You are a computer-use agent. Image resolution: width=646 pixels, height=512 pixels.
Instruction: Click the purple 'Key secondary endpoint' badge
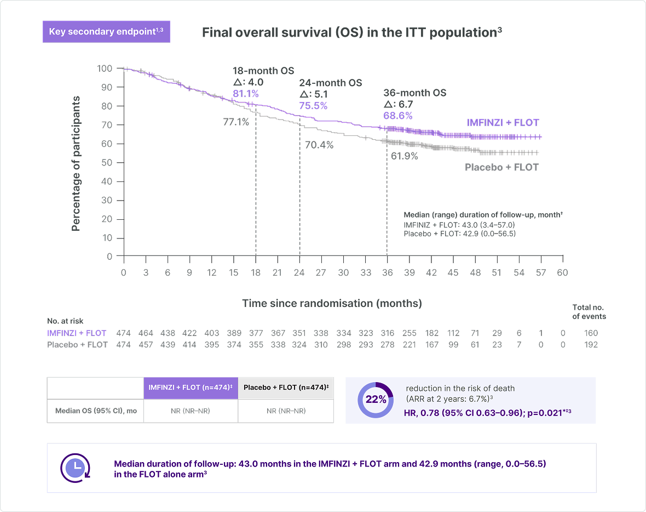click(x=106, y=32)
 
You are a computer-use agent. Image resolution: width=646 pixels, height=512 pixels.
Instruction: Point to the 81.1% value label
click(x=246, y=94)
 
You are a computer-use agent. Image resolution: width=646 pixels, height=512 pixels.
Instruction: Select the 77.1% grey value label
click(x=236, y=122)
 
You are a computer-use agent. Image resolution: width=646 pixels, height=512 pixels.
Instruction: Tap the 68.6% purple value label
click(x=398, y=116)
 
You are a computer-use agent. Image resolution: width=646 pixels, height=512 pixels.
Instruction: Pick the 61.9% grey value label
click(x=405, y=156)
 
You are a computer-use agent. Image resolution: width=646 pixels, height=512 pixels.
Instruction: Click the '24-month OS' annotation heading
click(x=331, y=83)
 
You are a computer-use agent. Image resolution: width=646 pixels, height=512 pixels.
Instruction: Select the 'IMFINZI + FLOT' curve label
click(x=503, y=123)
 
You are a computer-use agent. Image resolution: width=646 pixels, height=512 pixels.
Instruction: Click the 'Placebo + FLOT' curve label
click(x=502, y=167)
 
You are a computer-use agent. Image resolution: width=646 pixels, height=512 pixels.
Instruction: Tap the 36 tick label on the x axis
click(x=387, y=272)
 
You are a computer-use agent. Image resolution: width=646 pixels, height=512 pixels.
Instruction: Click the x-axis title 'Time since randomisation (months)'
click(x=332, y=303)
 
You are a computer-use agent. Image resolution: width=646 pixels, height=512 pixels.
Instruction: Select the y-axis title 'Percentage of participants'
click(x=76, y=163)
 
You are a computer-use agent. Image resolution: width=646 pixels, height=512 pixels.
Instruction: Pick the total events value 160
click(x=591, y=333)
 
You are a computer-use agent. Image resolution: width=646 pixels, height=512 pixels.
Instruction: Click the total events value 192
click(x=591, y=344)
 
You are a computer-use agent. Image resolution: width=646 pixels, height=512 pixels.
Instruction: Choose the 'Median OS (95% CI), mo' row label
click(x=96, y=411)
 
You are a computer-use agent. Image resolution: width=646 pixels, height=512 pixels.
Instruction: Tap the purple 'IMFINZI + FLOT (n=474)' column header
click(x=191, y=388)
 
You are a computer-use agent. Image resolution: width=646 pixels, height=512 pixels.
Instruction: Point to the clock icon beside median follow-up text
click(x=75, y=468)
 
